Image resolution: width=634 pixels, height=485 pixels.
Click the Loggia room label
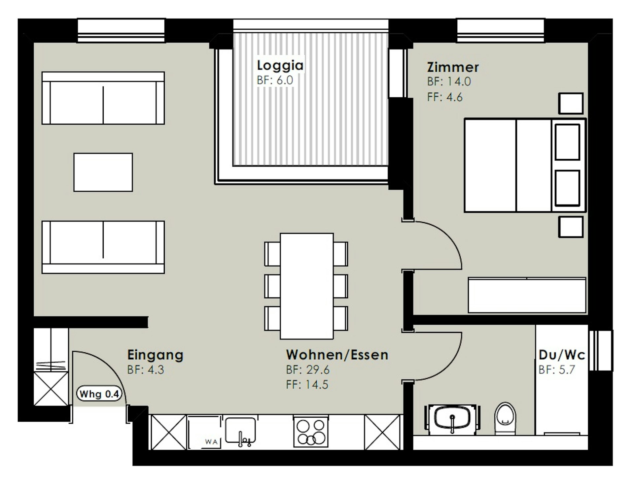[x=280, y=65]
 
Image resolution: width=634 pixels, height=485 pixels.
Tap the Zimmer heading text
[x=453, y=67]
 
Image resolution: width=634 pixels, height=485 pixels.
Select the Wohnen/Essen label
[x=337, y=355]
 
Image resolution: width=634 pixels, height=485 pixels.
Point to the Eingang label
[x=155, y=355]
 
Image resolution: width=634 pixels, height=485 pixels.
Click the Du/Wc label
[x=562, y=355]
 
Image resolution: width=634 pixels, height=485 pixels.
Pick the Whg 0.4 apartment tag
[x=99, y=394]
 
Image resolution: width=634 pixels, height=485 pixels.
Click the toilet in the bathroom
[x=505, y=418]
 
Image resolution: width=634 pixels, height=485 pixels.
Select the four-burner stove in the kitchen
[x=311, y=432]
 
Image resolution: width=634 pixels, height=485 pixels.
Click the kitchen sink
[x=240, y=431]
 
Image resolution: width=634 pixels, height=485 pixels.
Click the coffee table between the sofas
[x=103, y=172]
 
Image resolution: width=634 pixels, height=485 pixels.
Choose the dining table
[x=307, y=286]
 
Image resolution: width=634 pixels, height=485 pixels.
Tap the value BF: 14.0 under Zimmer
[x=449, y=81]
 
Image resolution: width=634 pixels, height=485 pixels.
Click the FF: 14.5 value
[x=307, y=385]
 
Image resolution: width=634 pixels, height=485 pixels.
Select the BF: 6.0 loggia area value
[x=275, y=80]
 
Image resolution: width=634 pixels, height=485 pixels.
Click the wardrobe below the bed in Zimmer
[x=527, y=295]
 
